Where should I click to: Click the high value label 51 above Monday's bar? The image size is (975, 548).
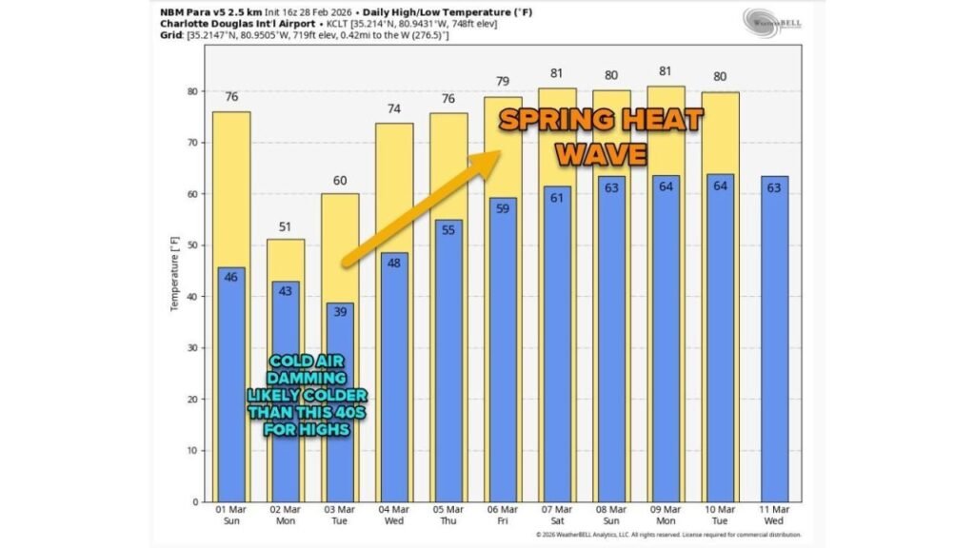pos(286,227)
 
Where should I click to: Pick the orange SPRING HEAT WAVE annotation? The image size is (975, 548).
pos(602,136)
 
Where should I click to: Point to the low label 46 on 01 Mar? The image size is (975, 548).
pos(231,277)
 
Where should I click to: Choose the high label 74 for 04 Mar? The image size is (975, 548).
pos(394,109)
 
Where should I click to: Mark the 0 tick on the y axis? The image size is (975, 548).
pos(194,502)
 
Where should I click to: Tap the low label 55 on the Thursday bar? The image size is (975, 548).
pos(448,230)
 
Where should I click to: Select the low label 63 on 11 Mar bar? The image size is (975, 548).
pos(774,187)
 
